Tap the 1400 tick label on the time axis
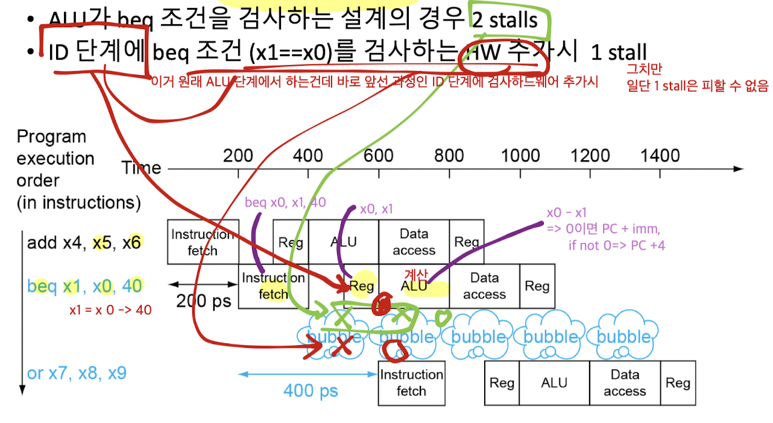pyautogui.click(x=660, y=155)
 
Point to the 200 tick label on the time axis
pyautogui.click(x=238, y=155)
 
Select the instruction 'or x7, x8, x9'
pyautogui.click(x=77, y=374)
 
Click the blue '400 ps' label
pyautogui.click(x=311, y=391)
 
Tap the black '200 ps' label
pyautogui.click(x=203, y=301)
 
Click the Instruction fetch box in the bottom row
pyautogui.click(x=411, y=383)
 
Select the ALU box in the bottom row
pyautogui.click(x=554, y=383)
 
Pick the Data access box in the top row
pyautogui.click(x=414, y=242)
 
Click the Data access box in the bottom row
pyautogui.click(x=625, y=383)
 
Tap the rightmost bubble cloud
pyautogui.click(x=623, y=336)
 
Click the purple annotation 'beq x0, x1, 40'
pyautogui.click(x=285, y=202)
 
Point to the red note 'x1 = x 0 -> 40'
pyautogui.click(x=110, y=310)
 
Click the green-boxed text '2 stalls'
pyautogui.click(x=505, y=20)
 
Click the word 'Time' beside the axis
pyautogui.click(x=141, y=168)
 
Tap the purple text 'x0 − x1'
pyautogui.click(x=567, y=213)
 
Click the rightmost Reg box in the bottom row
pyautogui.click(x=678, y=383)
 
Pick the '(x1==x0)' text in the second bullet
pyautogui.click(x=291, y=53)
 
